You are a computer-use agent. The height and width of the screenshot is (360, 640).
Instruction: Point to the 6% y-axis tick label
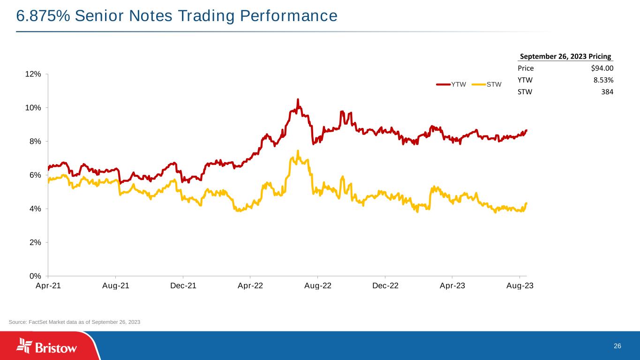[x=35, y=175]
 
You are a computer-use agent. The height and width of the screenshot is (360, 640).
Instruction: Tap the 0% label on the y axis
[x=35, y=276]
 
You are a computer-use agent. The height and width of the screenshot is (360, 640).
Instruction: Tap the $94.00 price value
[x=602, y=68]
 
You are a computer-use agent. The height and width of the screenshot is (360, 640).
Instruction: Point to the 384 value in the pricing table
[x=607, y=92]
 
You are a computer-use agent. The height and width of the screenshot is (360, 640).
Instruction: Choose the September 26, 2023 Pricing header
[x=565, y=57]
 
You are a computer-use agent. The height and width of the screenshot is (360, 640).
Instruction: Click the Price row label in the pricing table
[x=525, y=68]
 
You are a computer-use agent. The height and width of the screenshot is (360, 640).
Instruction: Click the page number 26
[x=617, y=346]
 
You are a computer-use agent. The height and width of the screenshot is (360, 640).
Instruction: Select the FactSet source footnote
[x=75, y=322]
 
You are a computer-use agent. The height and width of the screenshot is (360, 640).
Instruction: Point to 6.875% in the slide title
[x=42, y=16]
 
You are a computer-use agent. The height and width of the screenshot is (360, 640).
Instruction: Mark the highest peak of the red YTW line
[x=298, y=99]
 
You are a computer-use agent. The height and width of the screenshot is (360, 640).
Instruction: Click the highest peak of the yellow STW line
[x=298, y=151]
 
